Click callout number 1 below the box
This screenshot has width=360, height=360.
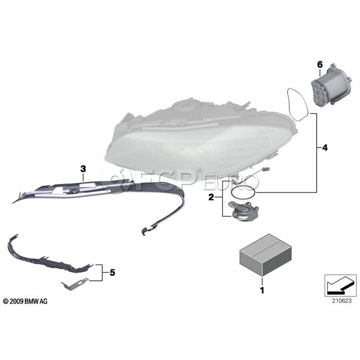(x=262, y=290)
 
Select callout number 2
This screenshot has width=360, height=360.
(x=211, y=197)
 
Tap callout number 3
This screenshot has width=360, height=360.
(x=83, y=169)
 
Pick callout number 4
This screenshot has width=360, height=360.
(x=325, y=148)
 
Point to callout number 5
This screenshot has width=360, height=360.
(x=112, y=272)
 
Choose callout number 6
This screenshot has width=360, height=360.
(x=320, y=64)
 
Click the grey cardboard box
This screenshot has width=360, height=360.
(x=266, y=255)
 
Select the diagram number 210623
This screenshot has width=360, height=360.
(x=342, y=301)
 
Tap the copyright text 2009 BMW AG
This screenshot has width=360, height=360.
(x=25, y=301)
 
